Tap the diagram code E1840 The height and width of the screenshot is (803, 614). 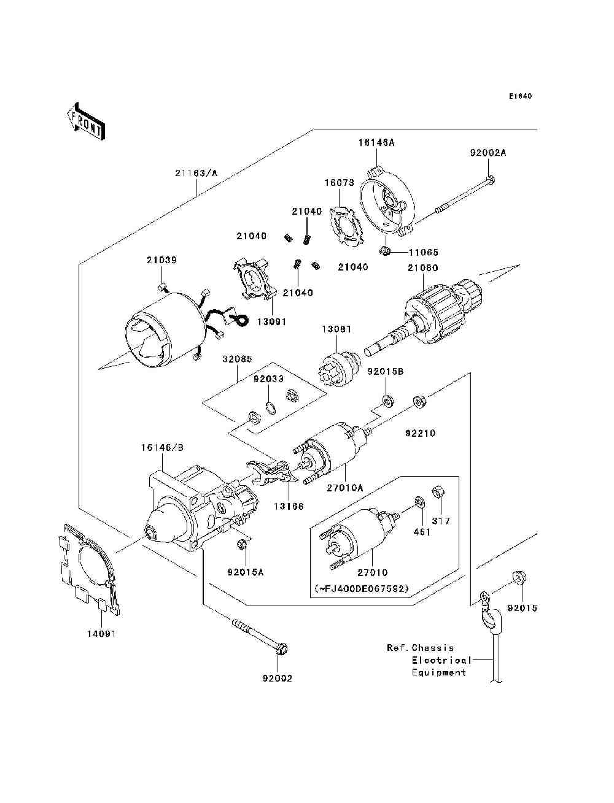click(x=521, y=96)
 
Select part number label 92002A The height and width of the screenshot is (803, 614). click(x=488, y=153)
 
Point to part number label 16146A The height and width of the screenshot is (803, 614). click(x=376, y=143)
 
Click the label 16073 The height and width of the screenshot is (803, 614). click(x=339, y=183)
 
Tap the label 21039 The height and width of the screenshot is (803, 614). click(x=161, y=260)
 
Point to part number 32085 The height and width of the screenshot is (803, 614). click(x=237, y=359)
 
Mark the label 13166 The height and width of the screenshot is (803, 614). click(x=289, y=507)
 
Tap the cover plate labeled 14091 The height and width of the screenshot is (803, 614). click(x=88, y=570)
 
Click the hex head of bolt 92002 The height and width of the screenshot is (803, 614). click(x=282, y=648)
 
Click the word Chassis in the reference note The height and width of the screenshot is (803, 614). click(x=433, y=648)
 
